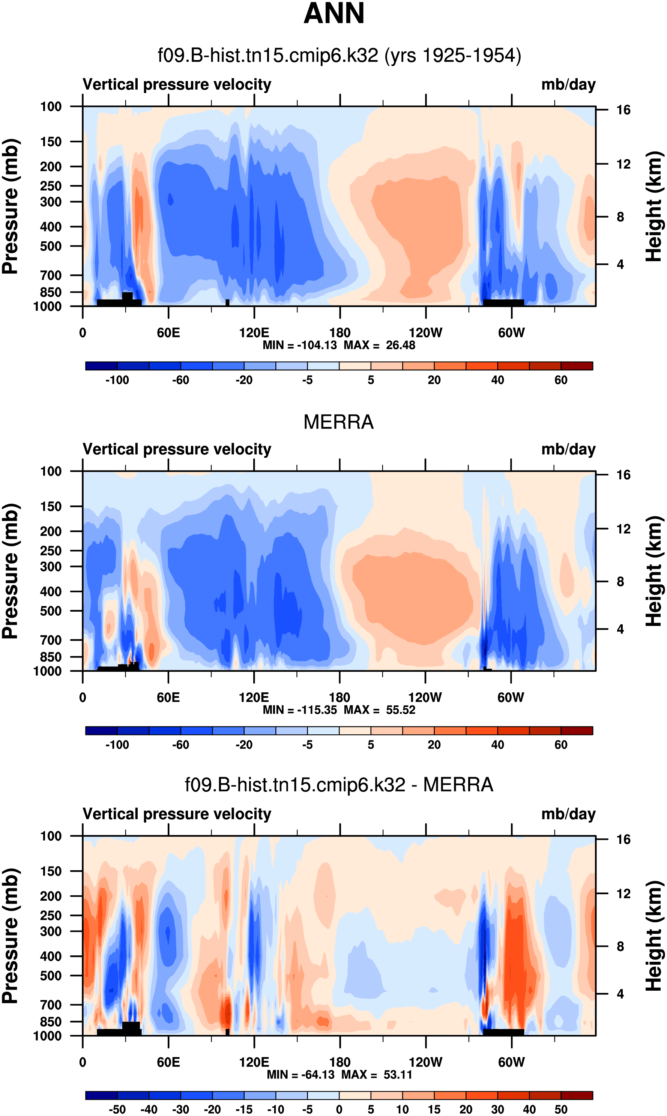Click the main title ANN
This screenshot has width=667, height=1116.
(x=333, y=14)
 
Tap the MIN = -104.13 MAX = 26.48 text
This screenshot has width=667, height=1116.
(x=339, y=345)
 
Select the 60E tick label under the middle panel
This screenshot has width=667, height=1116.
(x=168, y=698)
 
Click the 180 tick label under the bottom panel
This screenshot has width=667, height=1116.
(x=340, y=1062)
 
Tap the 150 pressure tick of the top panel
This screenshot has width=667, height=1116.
(x=50, y=141)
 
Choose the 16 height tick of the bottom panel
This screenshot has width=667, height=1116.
(x=623, y=839)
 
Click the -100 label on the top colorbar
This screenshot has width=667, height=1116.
(x=117, y=380)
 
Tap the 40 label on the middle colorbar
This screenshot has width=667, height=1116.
(x=497, y=745)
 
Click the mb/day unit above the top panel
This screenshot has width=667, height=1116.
(x=568, y=84)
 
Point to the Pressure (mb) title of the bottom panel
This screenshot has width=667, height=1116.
(x=10, y=936)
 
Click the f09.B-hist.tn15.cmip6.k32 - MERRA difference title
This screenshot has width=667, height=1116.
(x=339, y=785)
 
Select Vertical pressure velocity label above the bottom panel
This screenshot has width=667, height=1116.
(x=177, y=814)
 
